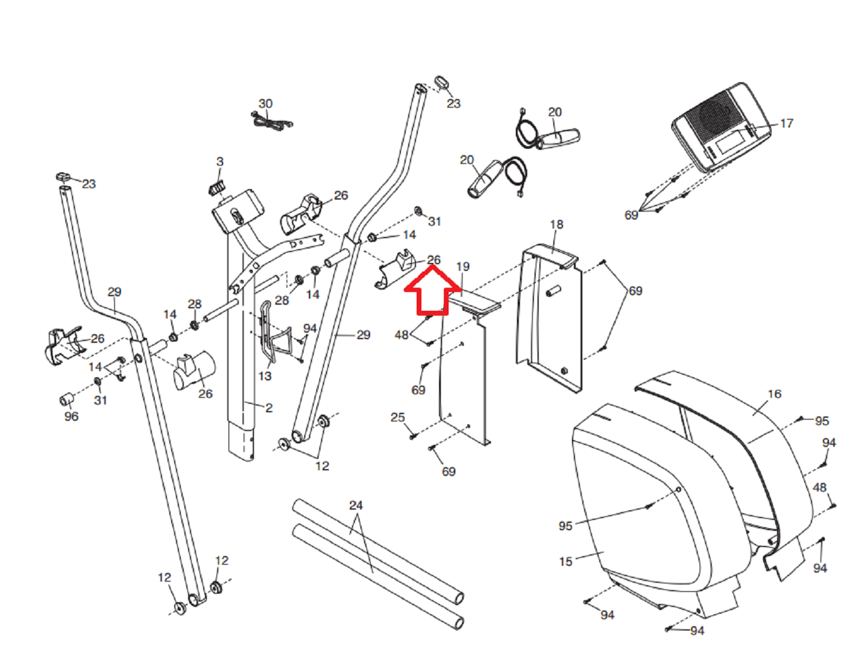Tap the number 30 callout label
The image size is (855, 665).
[x=265, y=104]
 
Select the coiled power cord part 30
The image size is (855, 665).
[x=272, y=122]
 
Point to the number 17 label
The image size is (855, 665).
[x=786, y=123]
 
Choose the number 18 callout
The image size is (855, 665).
[x=556, y=225]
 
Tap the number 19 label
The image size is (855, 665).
[x=463, y=267]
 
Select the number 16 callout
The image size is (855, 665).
[x=774, y=394]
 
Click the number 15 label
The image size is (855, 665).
[x=565, y=562]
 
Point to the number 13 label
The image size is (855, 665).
[x=265, y=376]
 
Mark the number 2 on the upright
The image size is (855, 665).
[x=268, y=408]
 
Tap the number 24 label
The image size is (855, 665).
[x=356, y=505]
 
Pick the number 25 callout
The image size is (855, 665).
[x=397, y=418]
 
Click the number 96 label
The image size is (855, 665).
[x=71, y=417]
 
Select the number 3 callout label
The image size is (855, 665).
[x=219, y=162]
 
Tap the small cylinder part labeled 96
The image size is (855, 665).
[x=67, y=399]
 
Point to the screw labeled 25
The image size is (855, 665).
[x=412, y=435]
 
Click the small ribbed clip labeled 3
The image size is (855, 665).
[x=216, y=187]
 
